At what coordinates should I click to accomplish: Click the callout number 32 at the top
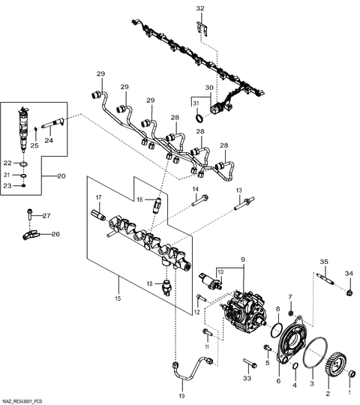(199, 8)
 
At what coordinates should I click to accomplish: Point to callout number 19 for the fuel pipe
(181, 394)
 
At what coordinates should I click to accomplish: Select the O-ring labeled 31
(198, 118)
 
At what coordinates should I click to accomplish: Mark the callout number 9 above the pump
(242, 260)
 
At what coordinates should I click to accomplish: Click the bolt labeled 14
(202, 200)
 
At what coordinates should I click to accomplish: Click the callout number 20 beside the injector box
(61, 176)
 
